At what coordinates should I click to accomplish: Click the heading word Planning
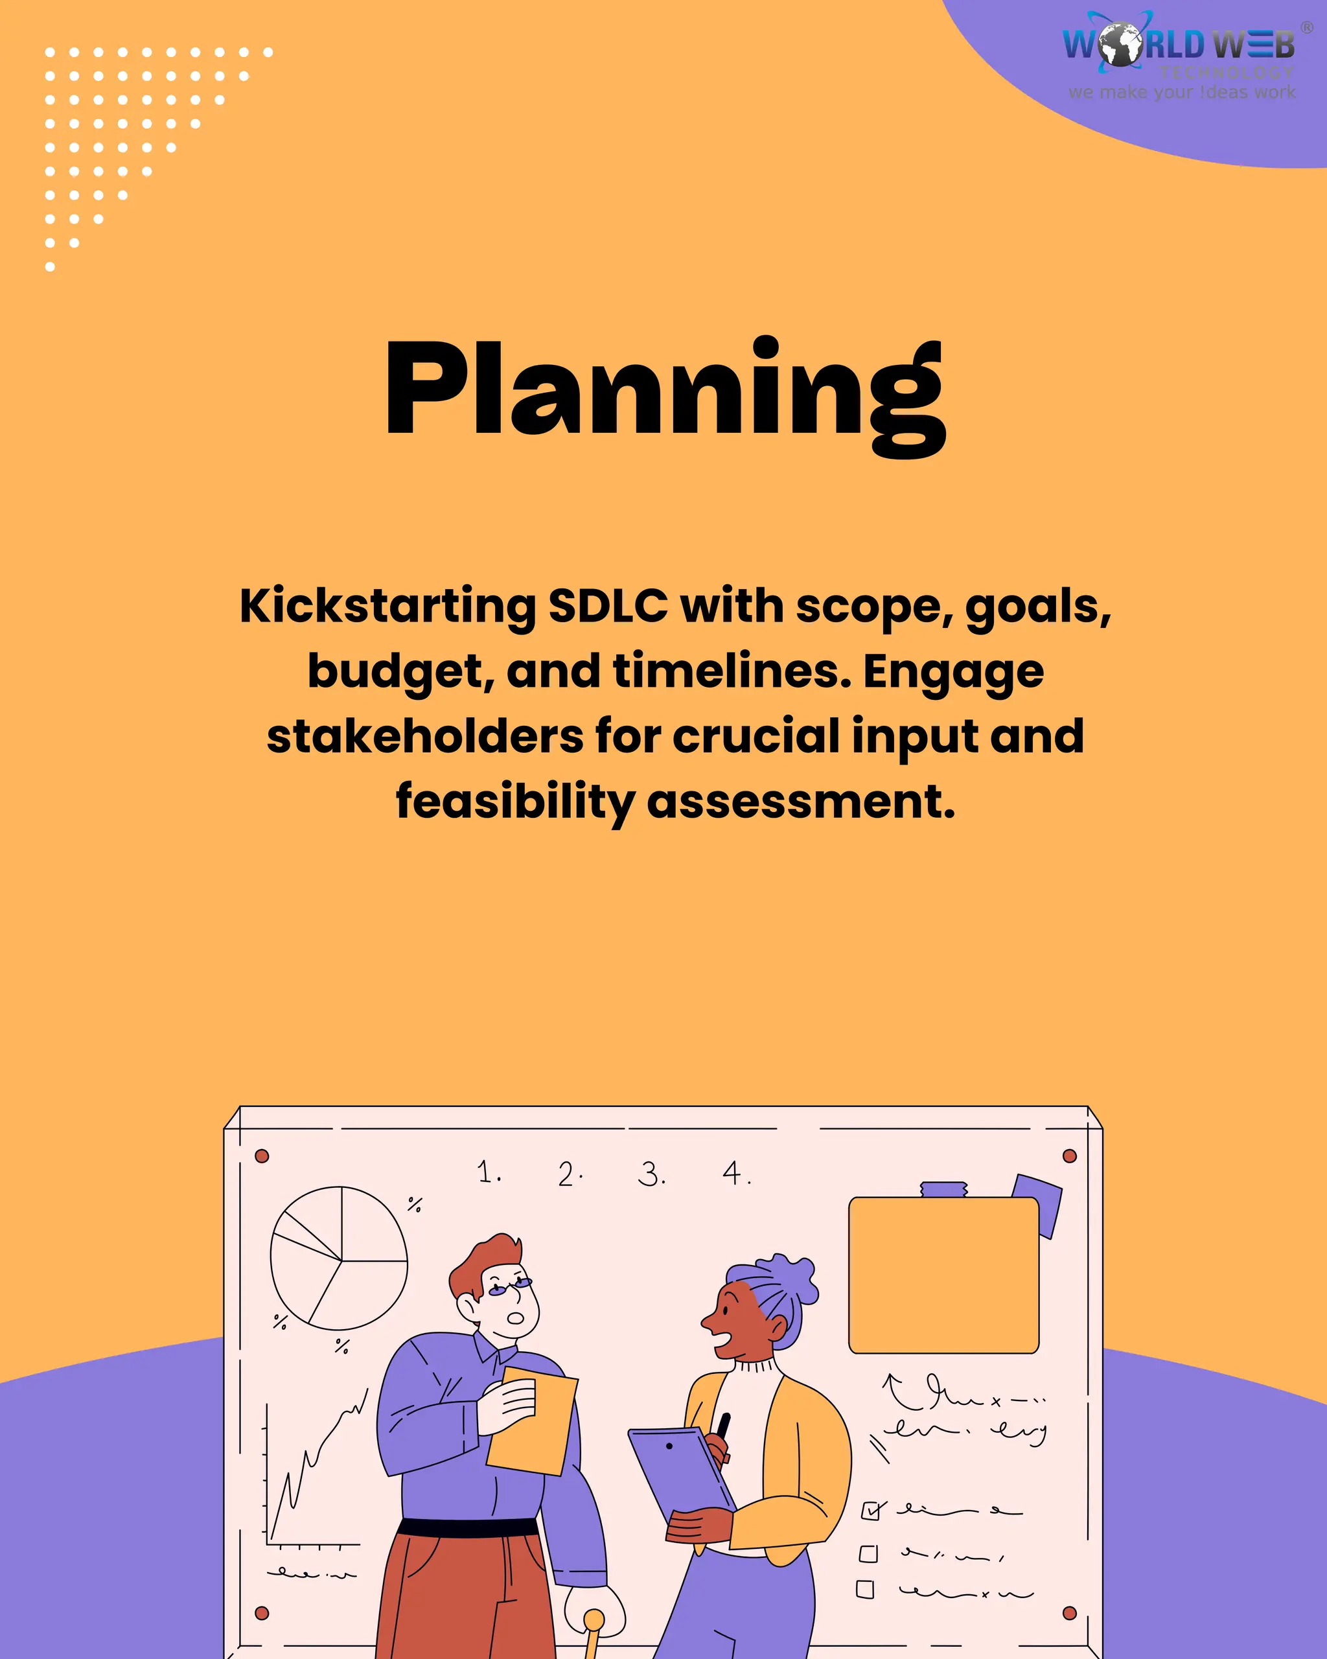[x=665, y=393]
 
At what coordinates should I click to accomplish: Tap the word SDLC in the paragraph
[x=608, y=607]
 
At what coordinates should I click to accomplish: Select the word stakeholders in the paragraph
[x=424, y=736]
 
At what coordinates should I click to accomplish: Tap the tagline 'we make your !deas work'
[x=1182, y=92]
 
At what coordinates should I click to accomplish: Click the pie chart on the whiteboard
[x=340, y=1258]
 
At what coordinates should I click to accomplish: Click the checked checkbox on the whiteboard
[x=871, y=1511]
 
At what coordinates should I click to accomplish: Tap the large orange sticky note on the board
[x=944, y=1275]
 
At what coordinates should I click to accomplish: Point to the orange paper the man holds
[x=533, y=1421]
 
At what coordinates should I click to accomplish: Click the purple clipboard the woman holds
[x=680, y=1468]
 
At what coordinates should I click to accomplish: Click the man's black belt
[x=468, y=1527]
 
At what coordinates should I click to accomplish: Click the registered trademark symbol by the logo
[x=1306, y=28]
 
